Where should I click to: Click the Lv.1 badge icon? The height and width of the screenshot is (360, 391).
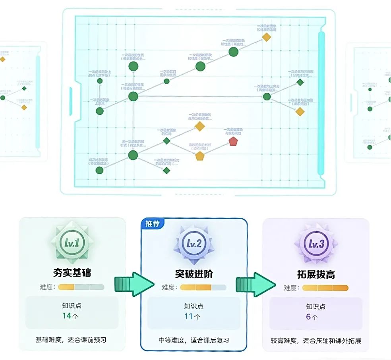tap(72, 243)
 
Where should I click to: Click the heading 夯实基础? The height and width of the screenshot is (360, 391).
tap(72, 273)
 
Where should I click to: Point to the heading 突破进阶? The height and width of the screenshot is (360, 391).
tap(194, 274)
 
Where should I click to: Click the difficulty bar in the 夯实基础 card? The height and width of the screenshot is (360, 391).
tap(81, 287)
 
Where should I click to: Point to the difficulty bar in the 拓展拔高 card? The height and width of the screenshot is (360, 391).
tap(325, 288)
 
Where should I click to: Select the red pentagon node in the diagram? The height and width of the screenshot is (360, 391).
tap(233, 142)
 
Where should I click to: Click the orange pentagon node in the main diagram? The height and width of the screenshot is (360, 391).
tap(199, 156)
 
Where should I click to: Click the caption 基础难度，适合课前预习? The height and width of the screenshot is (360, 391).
tap(71, 340)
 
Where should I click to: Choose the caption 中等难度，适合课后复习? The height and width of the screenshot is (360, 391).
tap(194, 340)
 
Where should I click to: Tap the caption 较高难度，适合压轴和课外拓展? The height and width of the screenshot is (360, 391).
tap(316, 341)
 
